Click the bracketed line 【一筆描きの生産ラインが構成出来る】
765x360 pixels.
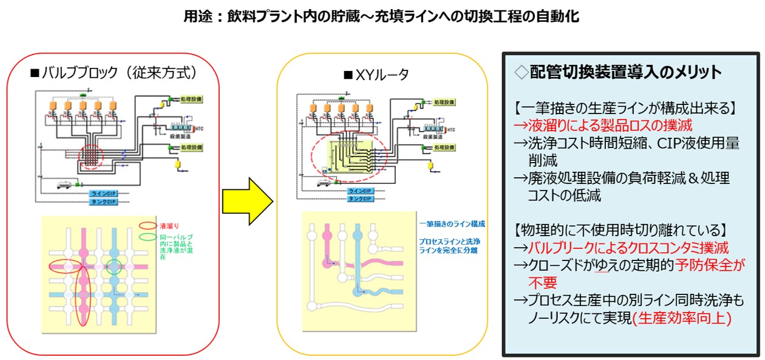tap(625, 108)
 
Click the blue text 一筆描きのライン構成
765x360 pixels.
tap(452, 224)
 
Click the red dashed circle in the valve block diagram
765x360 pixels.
tap(92, 157)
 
